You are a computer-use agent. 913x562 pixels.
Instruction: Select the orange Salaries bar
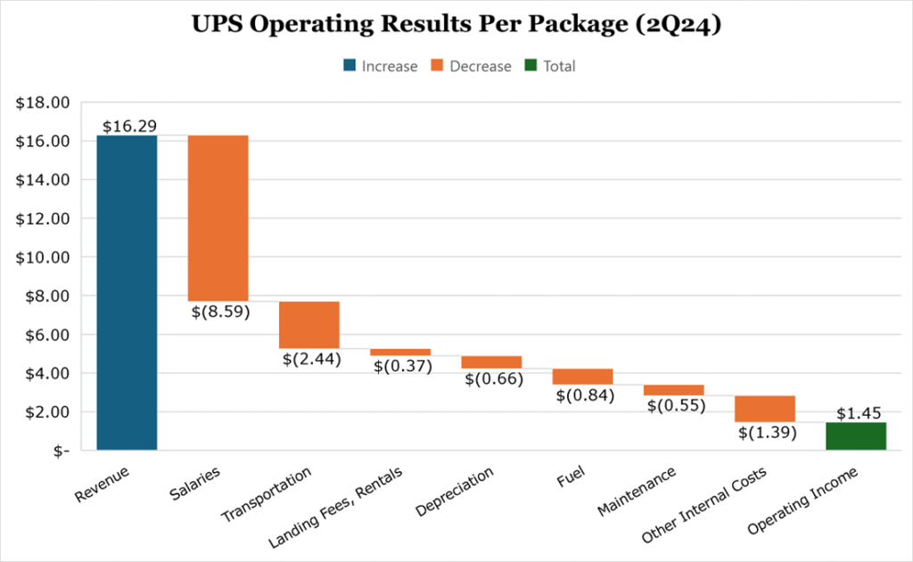pyautogui.click(x=218, y=218)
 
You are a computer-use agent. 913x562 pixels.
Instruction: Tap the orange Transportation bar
pyautogui.click(x=308, y=324)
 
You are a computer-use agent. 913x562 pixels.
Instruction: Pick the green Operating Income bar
pyautogui.click(x=855, y=436)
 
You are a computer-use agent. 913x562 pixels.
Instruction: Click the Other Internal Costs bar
pyautogui.click(x=764, y=409)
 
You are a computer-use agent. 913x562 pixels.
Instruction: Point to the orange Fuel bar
pyautogui.click(x=582, y=376)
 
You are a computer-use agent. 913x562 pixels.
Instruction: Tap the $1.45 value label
pyautogui.click(x=858, y=413)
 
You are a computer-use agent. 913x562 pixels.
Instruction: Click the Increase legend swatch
pyautogui.click(x=349, y=66)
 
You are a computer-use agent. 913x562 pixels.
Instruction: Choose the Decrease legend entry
pyautogui.click(x=472, y=66)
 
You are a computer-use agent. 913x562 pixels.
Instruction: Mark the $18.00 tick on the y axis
pyautogui.click(x=43, y=102)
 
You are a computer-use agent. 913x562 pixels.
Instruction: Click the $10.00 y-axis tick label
pyautogui.click(x=43, y=257)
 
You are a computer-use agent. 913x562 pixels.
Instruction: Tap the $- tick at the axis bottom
pyautogui.click(x=60, y=451)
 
